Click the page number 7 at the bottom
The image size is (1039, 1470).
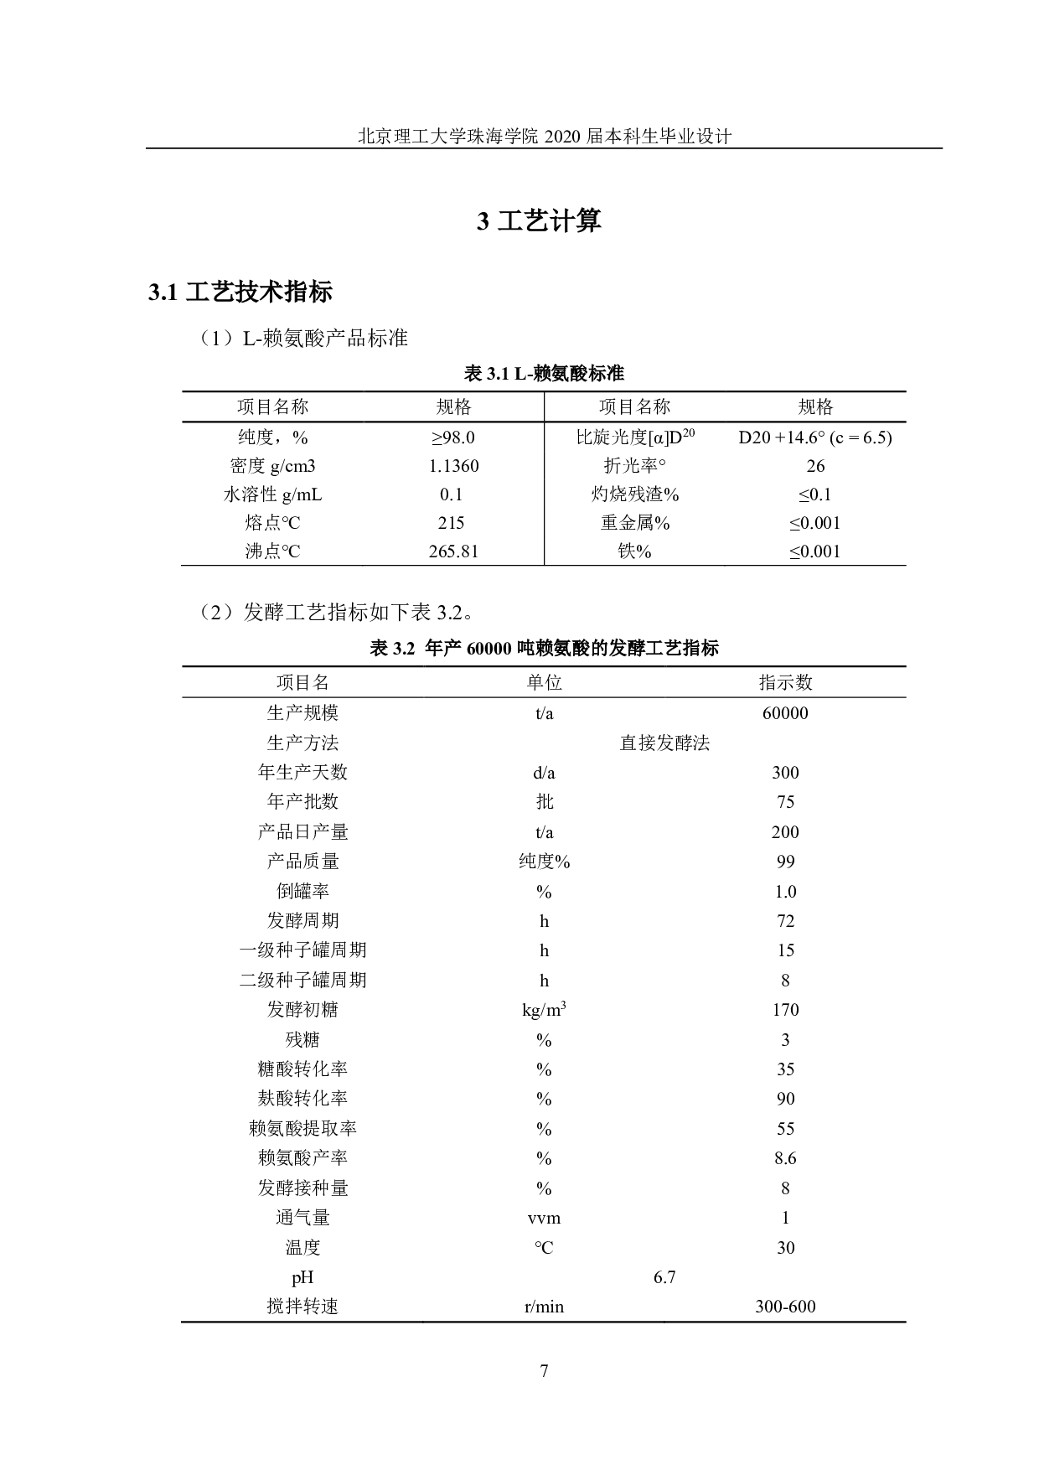point(544,1371)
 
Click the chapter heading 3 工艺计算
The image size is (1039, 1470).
point(539,221)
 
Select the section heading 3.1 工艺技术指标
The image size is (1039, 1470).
point(240,292)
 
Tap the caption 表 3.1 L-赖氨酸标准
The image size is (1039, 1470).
point(544,374)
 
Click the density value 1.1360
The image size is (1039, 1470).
point(453,466)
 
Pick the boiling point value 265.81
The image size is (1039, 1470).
point(453,551)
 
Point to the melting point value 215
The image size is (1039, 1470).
point(451,523)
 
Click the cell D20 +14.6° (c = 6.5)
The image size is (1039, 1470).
point(814,437)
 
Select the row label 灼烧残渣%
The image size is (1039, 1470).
point(635,494)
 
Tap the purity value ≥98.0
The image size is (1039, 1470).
point(453,437)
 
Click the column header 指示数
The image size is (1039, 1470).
point(785,682)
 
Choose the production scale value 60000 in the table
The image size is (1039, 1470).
point(785,713)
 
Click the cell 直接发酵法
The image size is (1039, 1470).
point(664,743)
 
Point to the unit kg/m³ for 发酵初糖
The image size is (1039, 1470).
point(544,1010)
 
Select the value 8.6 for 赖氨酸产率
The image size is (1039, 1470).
point(785,1158)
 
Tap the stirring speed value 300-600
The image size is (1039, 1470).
point(785,1307)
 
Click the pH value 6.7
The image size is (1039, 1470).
point(664,1277)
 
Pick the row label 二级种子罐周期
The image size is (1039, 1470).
point(302,981)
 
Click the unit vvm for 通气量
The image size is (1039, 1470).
point(544,1218)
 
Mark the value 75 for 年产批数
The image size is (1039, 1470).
point(785,802)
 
